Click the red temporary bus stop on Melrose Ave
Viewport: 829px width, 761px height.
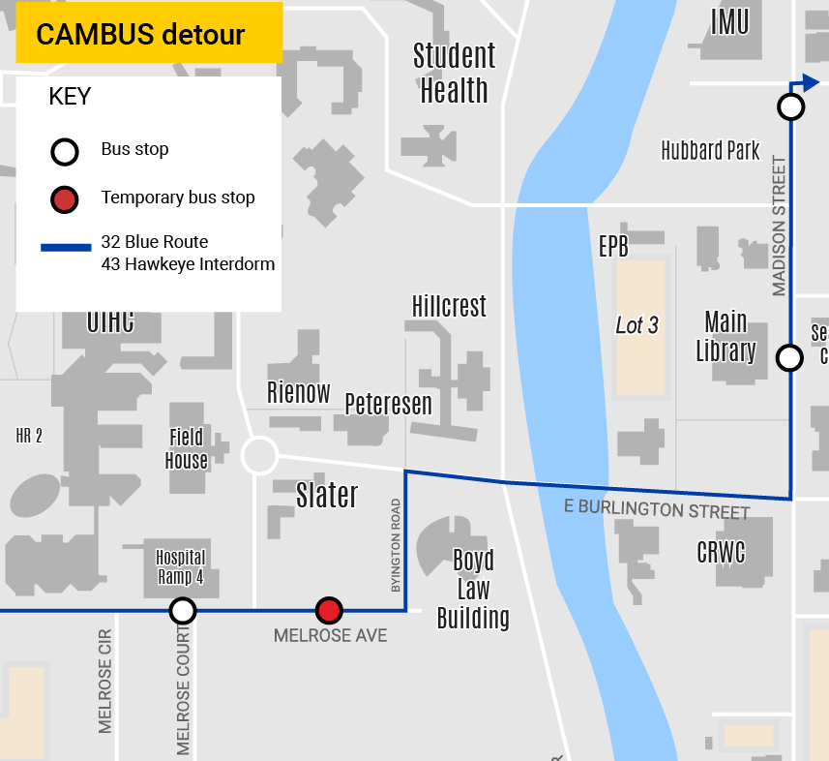330,610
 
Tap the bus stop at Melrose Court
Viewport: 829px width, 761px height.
183,610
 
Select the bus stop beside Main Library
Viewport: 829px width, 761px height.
790,358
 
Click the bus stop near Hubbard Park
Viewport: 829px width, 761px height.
791,107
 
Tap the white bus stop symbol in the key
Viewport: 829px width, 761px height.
65,151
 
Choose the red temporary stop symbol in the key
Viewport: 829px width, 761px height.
65,199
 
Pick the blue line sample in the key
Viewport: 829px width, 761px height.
65,248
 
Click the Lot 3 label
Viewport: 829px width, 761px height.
637,325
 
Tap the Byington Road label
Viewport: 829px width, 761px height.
396,546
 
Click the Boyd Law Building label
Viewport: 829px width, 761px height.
473,589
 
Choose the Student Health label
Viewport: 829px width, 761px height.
454,73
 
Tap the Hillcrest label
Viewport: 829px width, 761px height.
449,306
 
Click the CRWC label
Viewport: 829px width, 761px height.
721,552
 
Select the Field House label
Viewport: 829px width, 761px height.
187,449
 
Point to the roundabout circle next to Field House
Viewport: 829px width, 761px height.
259,455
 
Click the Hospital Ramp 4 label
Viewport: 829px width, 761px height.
181,566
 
